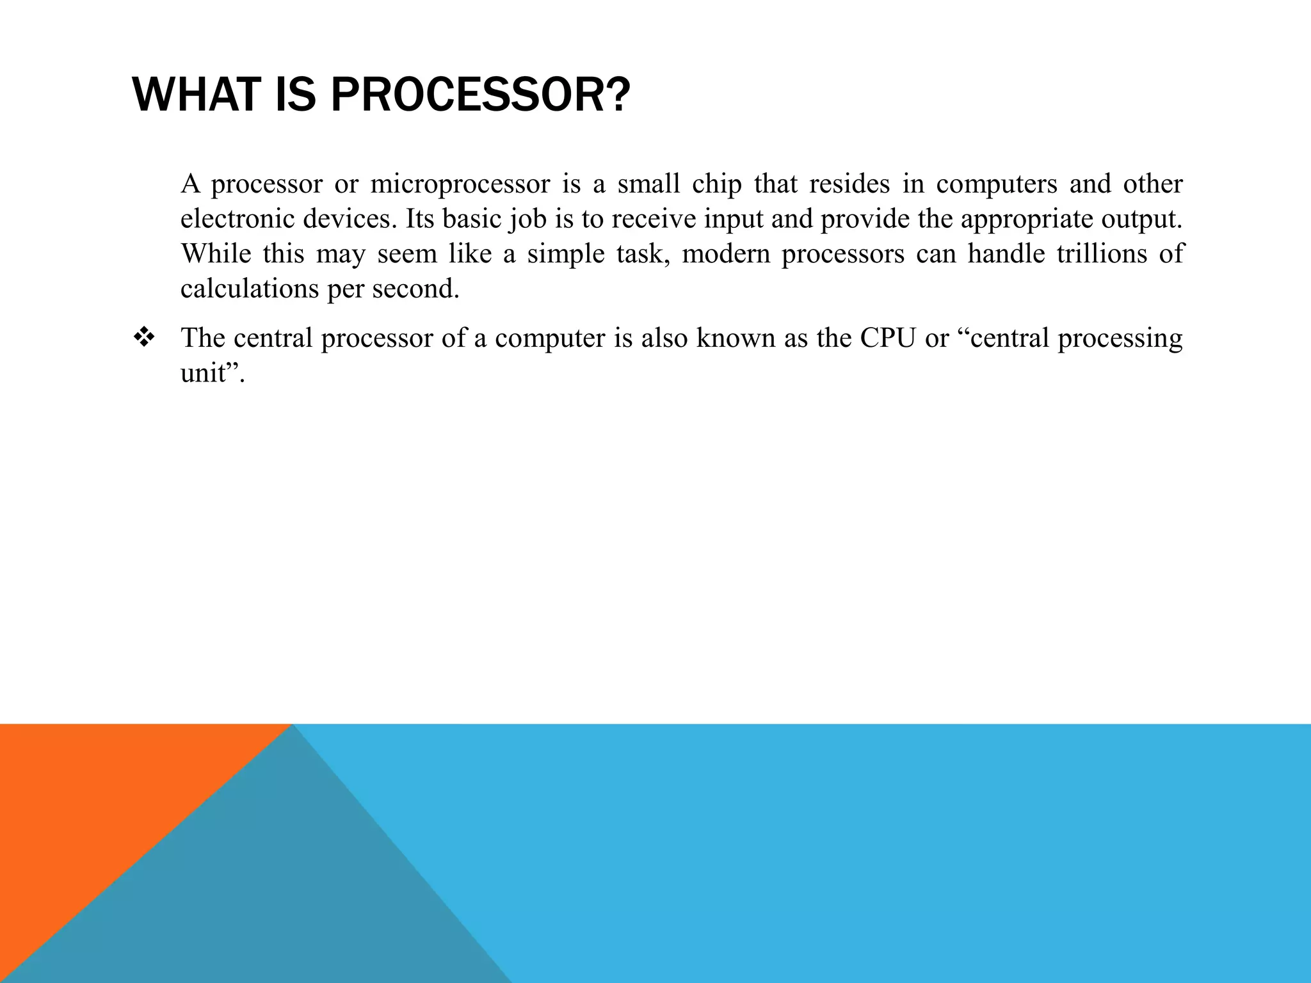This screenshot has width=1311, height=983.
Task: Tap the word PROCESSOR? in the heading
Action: [x=480, y=95]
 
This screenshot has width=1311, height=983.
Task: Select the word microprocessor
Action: [x=460, y=184]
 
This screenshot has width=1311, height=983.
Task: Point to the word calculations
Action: [x=250, y=289]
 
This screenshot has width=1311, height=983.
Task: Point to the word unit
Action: [x=202, y=372]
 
